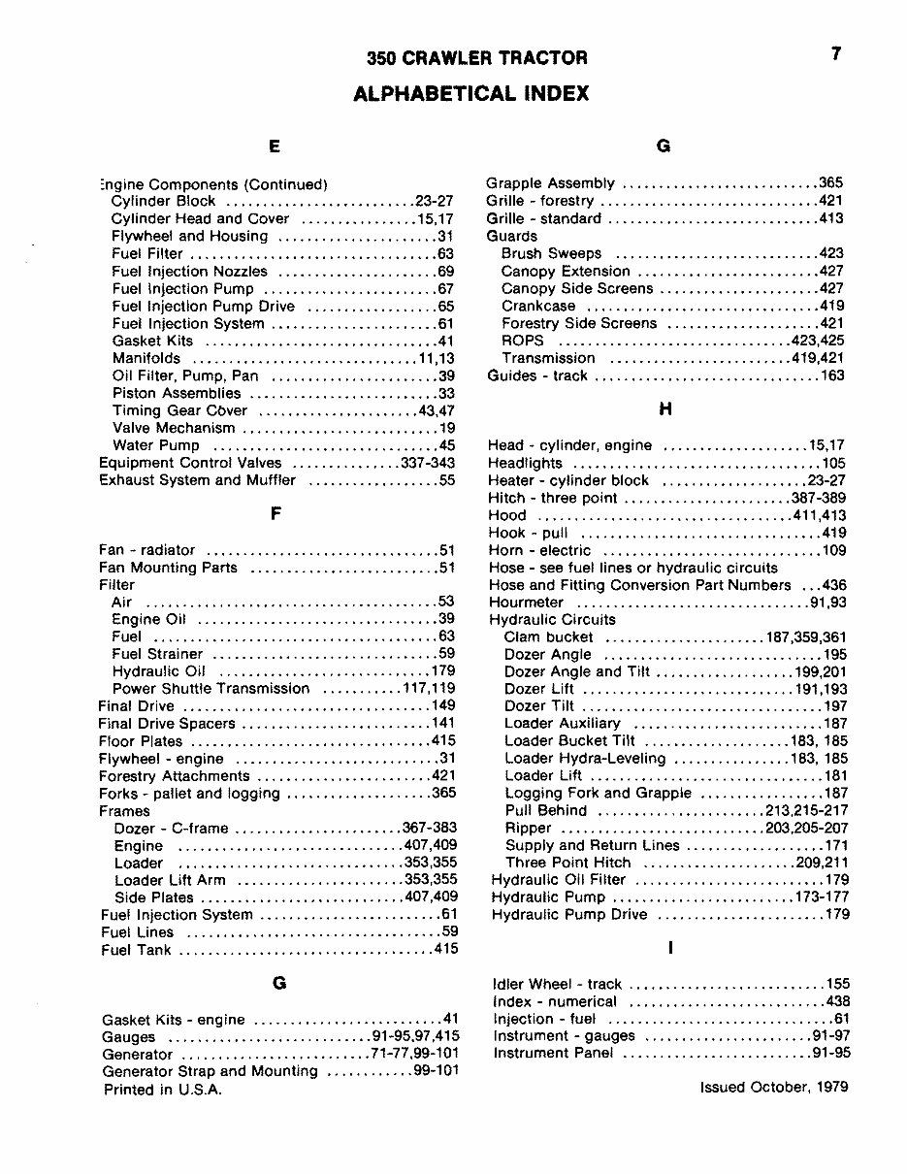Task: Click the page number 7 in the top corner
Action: point(835,55)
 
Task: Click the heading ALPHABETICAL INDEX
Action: point(470,94)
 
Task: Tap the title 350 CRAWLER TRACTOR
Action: point(476,58)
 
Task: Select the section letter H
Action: point(664,410)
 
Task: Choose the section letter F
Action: point(275,514)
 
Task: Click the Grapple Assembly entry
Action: point(550,183)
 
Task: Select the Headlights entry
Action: point(525,464)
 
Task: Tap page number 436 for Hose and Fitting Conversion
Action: point(833,585)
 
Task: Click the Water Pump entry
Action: point(156,445)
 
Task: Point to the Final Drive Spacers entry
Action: point(168,724)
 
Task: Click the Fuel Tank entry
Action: point(137,950)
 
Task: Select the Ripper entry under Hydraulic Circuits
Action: point(528,829)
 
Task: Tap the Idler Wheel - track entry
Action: point(557,984)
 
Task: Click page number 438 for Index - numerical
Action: point(836,1001)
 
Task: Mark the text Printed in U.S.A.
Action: point(163,1090)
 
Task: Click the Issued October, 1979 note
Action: point(773,1087)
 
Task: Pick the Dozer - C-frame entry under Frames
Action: point(171,829)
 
